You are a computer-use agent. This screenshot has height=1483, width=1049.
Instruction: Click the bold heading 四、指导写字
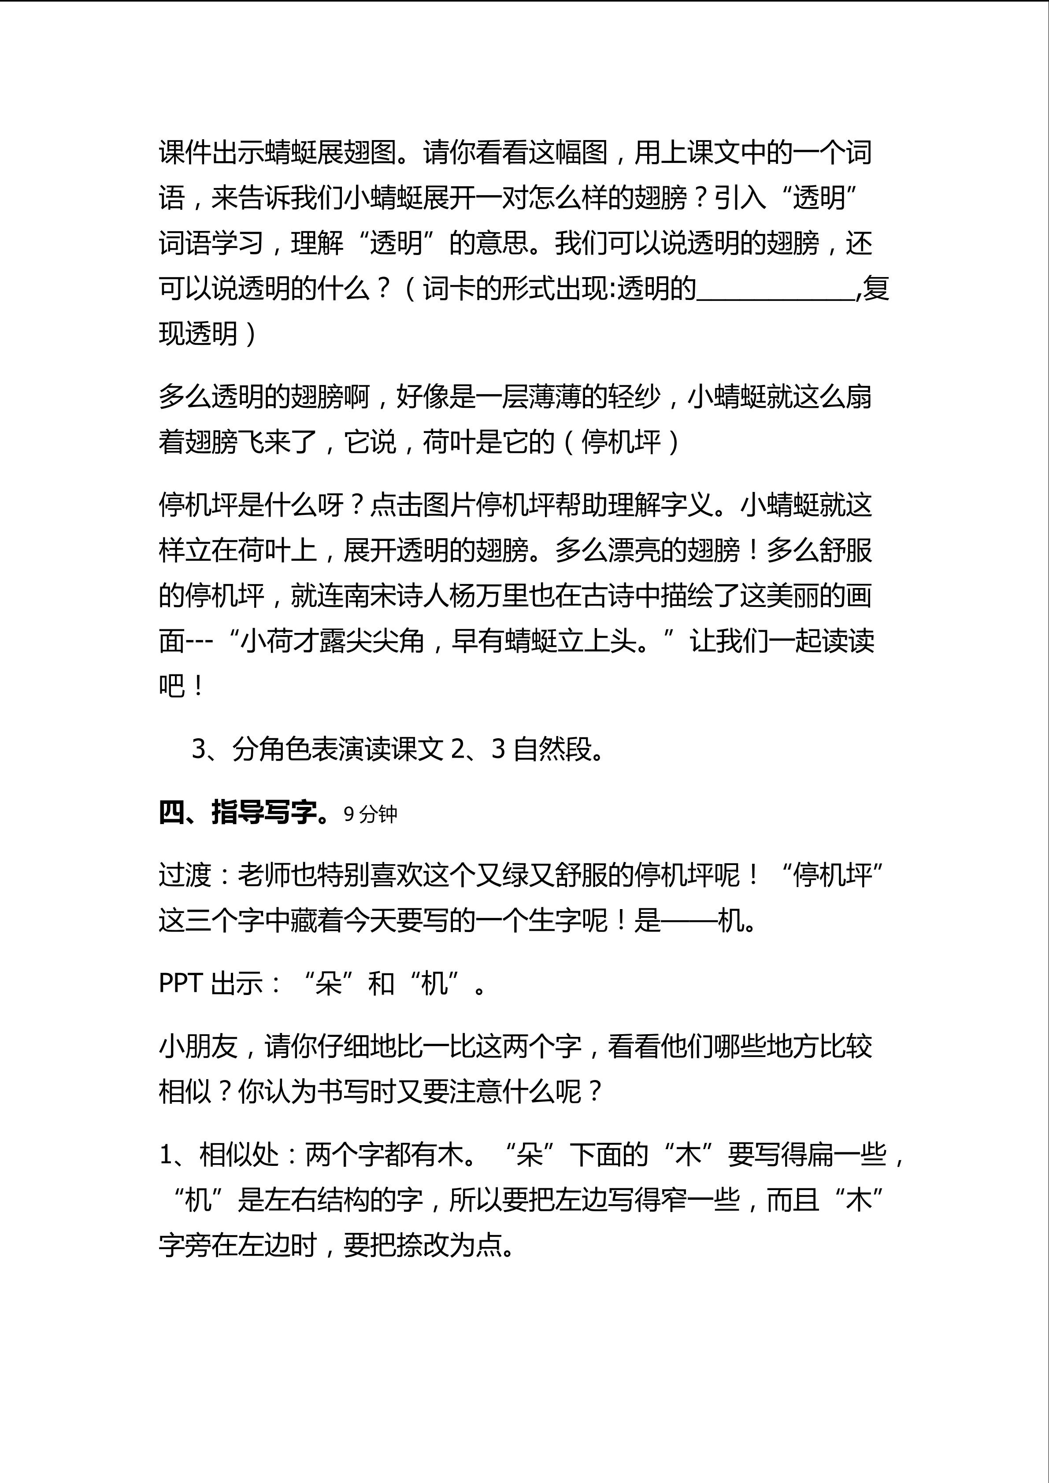tap(245, 813)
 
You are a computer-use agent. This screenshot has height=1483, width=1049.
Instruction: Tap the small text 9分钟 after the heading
tap(370, 814)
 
